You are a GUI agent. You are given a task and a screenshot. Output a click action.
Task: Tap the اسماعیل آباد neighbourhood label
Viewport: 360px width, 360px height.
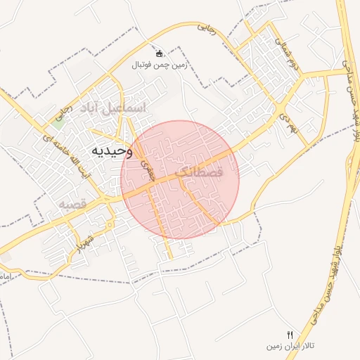(115, 108)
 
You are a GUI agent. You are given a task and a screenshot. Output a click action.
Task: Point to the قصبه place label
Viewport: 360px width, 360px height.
(72, 204)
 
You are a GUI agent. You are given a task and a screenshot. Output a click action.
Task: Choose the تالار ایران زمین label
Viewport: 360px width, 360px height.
(290, 346)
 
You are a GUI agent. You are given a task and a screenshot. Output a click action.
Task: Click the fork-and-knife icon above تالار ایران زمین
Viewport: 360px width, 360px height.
(290, 334)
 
